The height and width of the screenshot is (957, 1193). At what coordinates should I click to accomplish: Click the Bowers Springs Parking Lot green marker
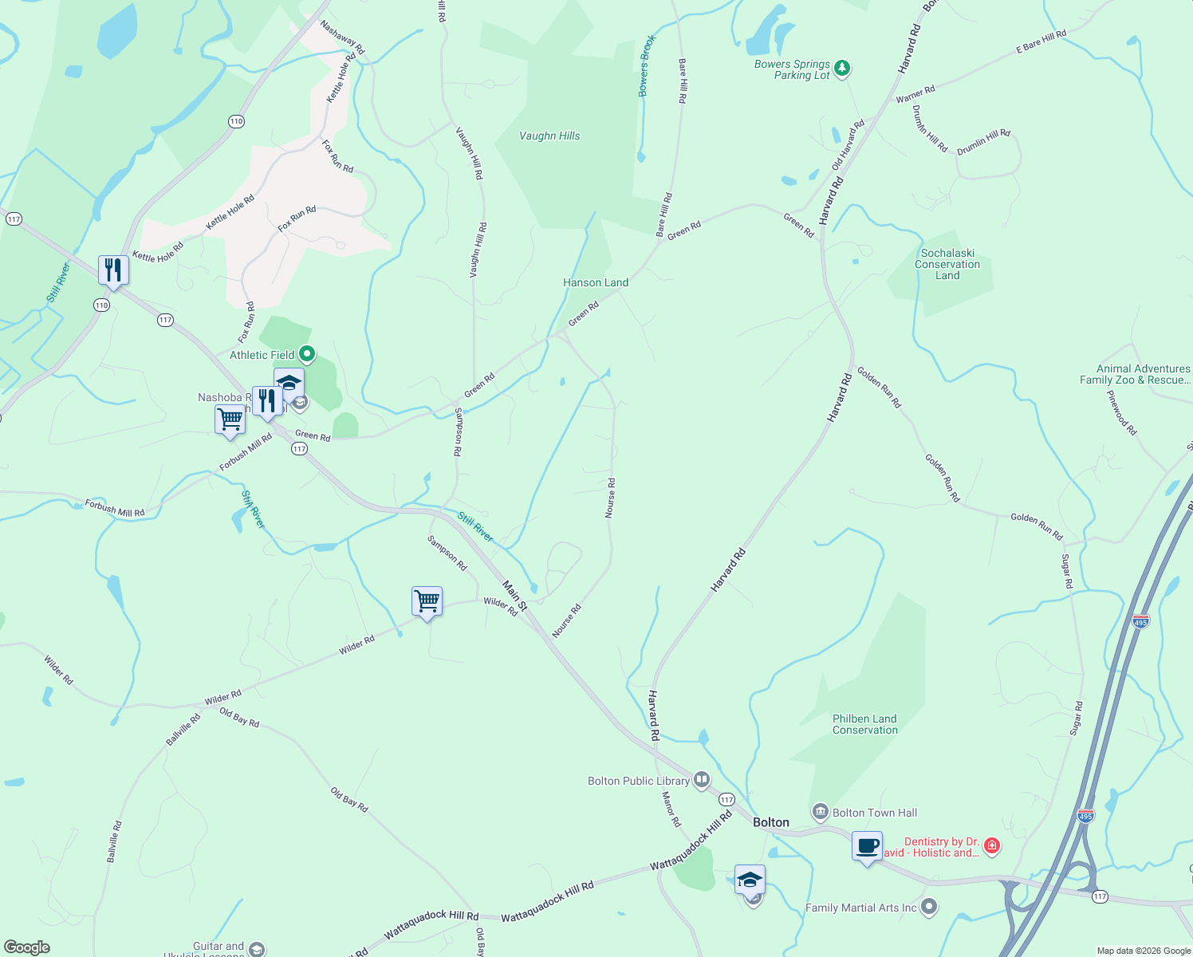(843, 69)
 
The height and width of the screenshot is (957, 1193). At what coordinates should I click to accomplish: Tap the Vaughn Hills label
(549, 136)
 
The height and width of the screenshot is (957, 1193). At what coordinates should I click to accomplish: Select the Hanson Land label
(596, 282)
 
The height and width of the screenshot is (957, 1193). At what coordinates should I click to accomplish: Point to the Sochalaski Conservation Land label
(947, 264)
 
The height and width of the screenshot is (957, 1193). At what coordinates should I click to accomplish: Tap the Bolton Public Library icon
(702, 780)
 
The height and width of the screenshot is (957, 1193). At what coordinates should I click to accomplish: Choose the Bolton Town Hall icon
(820, 813)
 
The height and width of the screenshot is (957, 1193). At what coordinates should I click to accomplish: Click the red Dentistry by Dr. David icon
(992, 845)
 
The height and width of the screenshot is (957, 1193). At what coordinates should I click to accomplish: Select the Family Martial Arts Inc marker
(929, 907)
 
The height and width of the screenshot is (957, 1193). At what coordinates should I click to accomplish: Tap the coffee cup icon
(867, 846)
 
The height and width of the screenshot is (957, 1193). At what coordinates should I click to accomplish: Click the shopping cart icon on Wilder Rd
(427, 601)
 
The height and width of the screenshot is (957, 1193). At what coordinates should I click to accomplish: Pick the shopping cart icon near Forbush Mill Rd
(230, 419)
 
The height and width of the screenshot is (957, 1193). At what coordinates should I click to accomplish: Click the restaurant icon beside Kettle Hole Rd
(114, 270)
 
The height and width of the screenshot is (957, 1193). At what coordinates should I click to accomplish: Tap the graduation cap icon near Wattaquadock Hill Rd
(750, 880)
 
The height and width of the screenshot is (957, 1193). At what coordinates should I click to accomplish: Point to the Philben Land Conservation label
(864, 724)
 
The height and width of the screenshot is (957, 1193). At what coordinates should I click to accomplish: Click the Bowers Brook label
(647, 65)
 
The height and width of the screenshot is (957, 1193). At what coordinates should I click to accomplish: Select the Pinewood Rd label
(1122, 412)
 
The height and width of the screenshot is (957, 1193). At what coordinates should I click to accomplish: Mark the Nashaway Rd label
(342, 37)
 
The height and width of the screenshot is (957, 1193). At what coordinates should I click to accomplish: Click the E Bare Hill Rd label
(1041, 41)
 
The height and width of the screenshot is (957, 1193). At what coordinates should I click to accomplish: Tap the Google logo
(27, 947)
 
